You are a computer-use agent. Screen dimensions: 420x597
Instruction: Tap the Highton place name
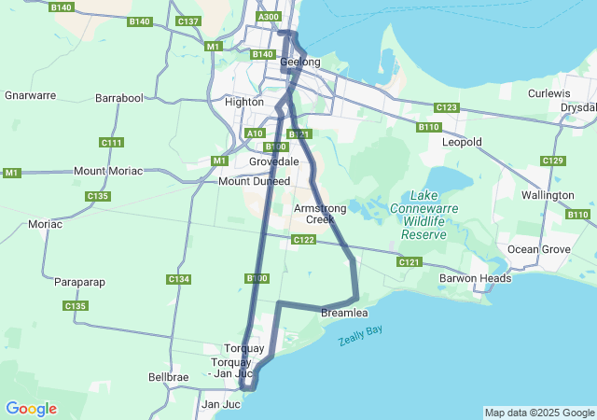point(243,102)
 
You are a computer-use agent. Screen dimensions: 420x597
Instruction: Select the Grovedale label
point(273,161)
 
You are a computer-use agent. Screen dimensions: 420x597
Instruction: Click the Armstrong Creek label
point(313,214)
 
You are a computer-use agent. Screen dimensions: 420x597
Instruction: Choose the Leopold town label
point(462,142)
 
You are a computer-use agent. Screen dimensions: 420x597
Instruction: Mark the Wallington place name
point(548,195)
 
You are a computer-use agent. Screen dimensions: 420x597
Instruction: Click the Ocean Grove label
point(538,249)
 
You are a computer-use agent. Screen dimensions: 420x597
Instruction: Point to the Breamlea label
point(344,312)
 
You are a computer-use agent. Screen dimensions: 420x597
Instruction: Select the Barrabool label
point(119,97)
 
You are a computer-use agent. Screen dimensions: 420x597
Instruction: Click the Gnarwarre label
point(31,95)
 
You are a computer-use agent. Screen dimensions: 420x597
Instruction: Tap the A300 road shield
point(268,17)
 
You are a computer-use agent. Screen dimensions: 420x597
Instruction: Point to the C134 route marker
point(178,279)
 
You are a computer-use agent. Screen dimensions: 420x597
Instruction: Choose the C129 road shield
point(553,161)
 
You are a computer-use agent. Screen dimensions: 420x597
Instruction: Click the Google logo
point(31,409)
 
